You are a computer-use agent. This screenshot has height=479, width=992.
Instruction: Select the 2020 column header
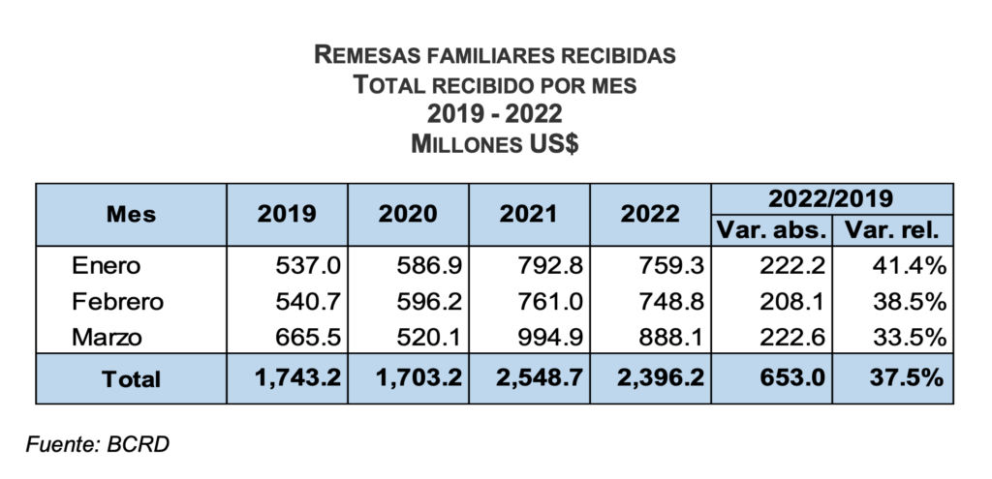pos(408,214)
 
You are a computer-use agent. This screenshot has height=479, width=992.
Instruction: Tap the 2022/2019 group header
pos(831,198)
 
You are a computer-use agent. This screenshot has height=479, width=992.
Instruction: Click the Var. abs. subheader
pos(772,230)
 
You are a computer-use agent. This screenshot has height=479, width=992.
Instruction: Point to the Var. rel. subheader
pos(892,230)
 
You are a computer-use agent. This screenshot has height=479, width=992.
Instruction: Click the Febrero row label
pos(117,301)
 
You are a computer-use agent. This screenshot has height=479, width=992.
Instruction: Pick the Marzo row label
pos(107,337)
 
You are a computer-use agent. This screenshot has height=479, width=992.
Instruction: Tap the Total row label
pos(132,378)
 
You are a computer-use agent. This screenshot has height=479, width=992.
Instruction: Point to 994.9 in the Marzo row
pos(552,337)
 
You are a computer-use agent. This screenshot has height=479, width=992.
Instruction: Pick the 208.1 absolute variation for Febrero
pos(793,301)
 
